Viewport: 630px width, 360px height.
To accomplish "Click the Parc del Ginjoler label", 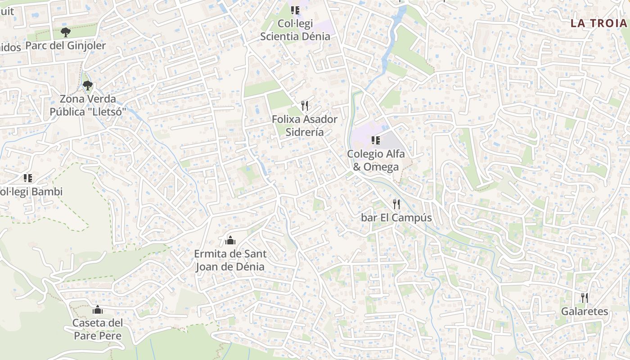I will click(66, 45).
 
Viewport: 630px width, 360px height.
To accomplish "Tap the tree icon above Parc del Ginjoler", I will click(66, 32).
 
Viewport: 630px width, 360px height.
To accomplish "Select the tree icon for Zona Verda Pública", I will click(88, 85).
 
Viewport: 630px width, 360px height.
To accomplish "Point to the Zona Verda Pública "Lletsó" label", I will click(88, 105).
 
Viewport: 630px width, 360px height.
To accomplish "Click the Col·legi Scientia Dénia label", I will click(295, 30).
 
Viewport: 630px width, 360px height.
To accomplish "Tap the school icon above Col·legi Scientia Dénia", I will click(295, 10).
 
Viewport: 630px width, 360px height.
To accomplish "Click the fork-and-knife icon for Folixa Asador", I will click(305, 106).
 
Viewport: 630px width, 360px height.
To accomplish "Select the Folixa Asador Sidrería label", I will click(305, 126).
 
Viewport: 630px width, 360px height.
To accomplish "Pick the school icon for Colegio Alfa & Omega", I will click(376, 140).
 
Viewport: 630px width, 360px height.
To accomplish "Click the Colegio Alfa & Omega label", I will click(376, 160).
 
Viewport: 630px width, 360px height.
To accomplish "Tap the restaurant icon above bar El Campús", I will click(396, 204).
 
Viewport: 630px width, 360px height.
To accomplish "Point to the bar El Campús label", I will click(396, 218).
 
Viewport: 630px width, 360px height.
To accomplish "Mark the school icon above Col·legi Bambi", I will click(28, 178).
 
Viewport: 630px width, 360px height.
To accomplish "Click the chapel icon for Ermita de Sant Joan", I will click(230, 240).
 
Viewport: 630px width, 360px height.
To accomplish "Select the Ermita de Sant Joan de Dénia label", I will click(230, 260).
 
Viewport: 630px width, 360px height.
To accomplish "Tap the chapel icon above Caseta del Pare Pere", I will click(98, 310).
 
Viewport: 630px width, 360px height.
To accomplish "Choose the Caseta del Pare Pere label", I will click(98, 329).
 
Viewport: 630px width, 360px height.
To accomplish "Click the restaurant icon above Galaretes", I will click(584, 297).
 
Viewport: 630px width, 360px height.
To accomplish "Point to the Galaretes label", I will click(584, 311).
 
